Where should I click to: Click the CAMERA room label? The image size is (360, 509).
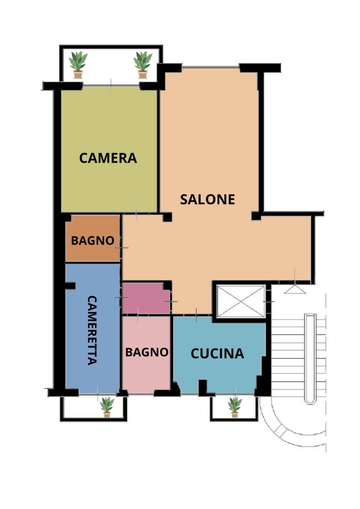coord(108,158)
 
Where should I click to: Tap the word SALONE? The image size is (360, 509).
coord(207,199)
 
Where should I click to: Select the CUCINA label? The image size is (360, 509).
coord(217,354)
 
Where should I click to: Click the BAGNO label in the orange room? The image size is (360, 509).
coord(92,240)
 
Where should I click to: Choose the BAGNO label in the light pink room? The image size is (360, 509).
coord(147,352)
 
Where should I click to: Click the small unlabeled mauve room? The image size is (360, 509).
coord(146,298)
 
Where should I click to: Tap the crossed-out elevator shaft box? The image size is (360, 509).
coord(241,301)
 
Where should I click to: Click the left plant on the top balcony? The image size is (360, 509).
coord(78,65)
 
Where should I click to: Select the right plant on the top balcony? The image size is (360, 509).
coord(143,65)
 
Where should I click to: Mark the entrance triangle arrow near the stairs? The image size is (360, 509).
coord(295,290)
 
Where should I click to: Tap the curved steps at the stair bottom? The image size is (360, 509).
coord(293,427)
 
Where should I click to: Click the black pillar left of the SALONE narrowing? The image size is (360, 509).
coord(167,217)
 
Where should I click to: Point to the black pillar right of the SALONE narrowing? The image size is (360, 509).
coord(256,216)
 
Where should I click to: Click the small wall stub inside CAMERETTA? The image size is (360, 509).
coord(70,286)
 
